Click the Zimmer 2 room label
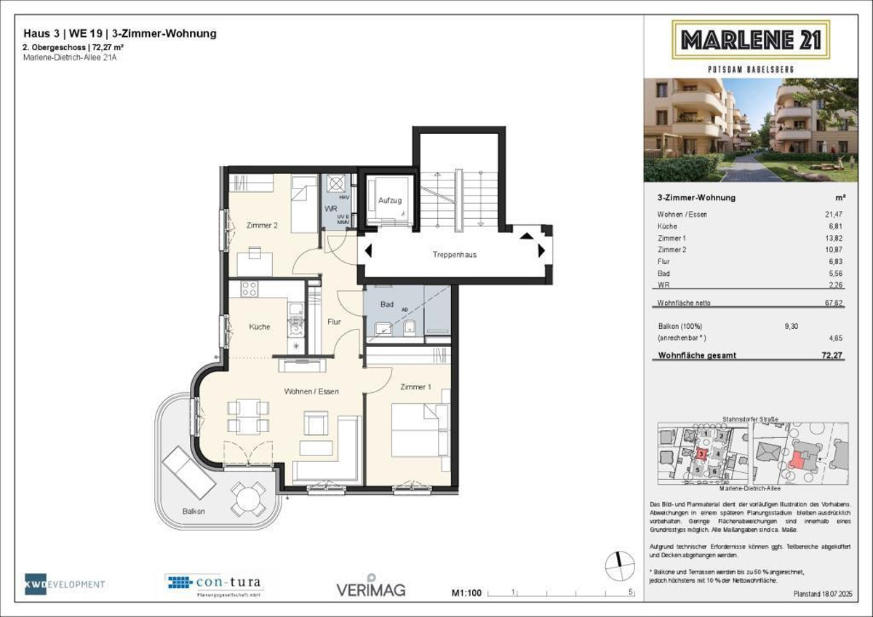pyautogui.click(x=261, y=226)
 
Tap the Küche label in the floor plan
pyautogui.click(x=259, y=327)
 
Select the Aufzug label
pyautogui.click(x=389, y=200)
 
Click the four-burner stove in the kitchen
pyautogui.click(x=249, y=289)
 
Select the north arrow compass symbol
pyautogui.click(x=618, y=563)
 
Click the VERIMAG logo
pyautogui.click(x=370, y=587)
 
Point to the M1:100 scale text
pyautogui.click(x=467, y=593)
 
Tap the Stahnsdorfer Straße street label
pyautogui.click(x=750, y=419)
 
